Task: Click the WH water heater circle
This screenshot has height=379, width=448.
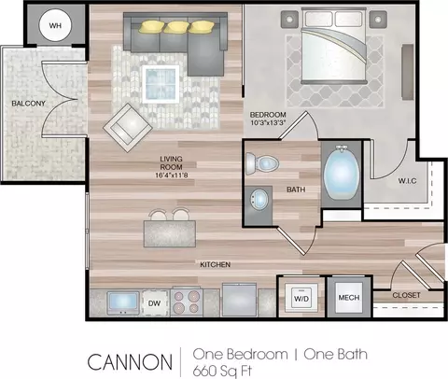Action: [55, 25]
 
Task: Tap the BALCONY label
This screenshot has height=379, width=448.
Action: [28, 104]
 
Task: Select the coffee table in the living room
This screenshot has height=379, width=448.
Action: [161, 84]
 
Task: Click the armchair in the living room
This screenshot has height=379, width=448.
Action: [128, 128]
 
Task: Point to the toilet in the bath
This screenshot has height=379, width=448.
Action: [262, 162]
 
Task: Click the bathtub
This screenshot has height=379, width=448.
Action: [342, 174]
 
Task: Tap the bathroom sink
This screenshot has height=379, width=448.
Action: [259, 199]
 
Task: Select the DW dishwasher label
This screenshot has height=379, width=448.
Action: [154, 303]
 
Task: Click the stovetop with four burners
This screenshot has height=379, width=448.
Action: [187, 302]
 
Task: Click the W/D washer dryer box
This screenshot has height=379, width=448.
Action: [301, 298]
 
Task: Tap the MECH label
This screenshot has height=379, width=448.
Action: [349, 298]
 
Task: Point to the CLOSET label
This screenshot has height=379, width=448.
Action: [406, 295]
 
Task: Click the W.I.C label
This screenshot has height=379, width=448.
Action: [407, 181]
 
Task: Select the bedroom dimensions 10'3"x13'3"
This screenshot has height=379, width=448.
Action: [268, 122]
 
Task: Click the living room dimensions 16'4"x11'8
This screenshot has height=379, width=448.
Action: [172, 175]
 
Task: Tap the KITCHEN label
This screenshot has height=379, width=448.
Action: [215, 264]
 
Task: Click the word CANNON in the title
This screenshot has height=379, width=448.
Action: [130, 362]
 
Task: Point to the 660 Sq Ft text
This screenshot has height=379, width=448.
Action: [222, 371]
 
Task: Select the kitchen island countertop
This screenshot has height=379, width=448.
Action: [170, 233]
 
